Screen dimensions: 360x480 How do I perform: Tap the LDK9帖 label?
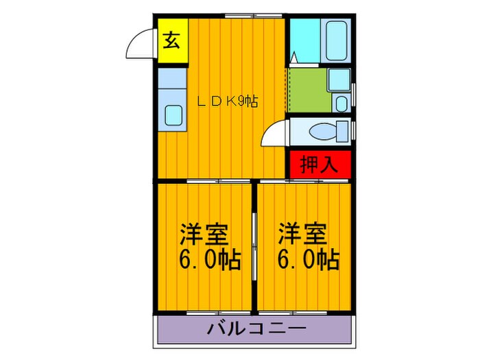pyautogui.click(x=228, y=101)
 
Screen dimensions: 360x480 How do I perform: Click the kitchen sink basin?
pyautogui.click(x=171, y=115)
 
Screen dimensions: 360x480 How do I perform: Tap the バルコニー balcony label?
pyautogui.click(x=256, y=330)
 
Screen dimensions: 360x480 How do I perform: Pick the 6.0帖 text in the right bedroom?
pyautogui.click(x=307, y=259)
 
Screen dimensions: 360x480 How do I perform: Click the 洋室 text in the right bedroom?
pyautogui.click(x=302, y=234)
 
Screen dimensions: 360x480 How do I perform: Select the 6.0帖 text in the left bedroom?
pyautogui.click(x=210, y=259)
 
